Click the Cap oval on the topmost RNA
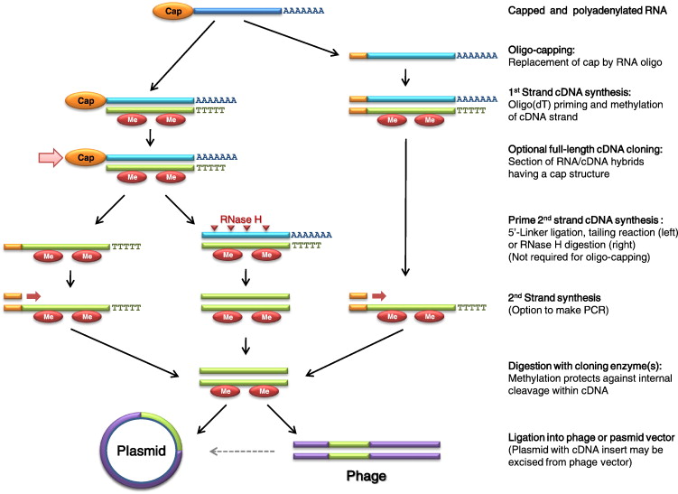tap(172, 12)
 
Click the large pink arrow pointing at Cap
tap(52, 158)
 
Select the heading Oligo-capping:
tap(542, 51)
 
